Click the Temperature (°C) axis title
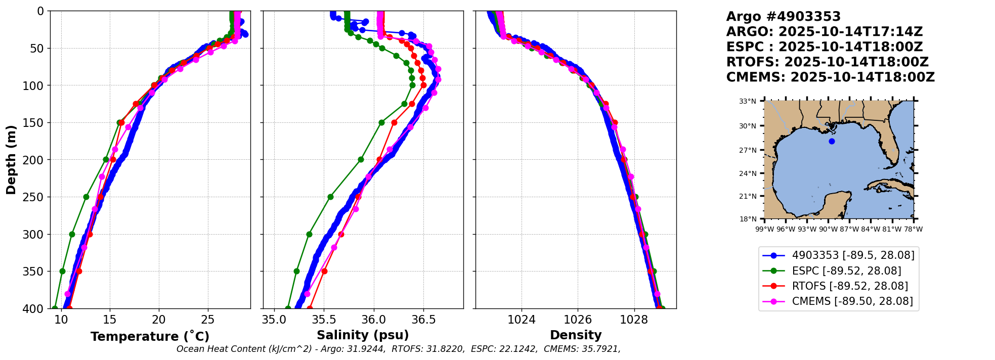[150, 336]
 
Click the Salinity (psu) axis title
[363, 335]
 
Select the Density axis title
[576, 335]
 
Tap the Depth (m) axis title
[11, 159]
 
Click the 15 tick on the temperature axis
[110, 320]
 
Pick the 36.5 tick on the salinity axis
[423, 320]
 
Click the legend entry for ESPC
[839, 271]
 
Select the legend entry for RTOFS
[839, 286]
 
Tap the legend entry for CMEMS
[839, 301]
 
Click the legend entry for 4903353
[839, 256]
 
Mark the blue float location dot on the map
[832, 141]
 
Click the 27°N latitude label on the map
[748, 150]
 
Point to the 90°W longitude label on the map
[828, 229]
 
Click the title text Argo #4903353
[784, 17]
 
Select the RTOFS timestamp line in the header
[828, 62]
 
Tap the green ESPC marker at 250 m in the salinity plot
[330, 197]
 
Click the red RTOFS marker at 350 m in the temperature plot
[79, 271]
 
